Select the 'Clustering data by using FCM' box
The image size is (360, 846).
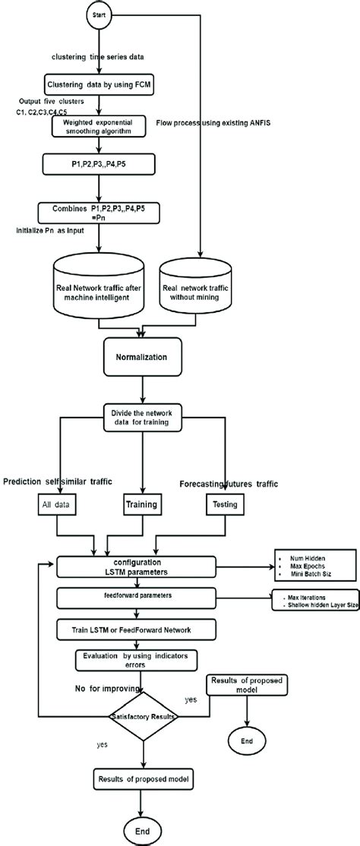(99, 85)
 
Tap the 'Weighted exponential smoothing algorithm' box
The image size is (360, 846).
(99, 125)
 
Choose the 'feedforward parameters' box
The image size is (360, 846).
(143, 595)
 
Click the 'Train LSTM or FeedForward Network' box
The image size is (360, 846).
(143, 630)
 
